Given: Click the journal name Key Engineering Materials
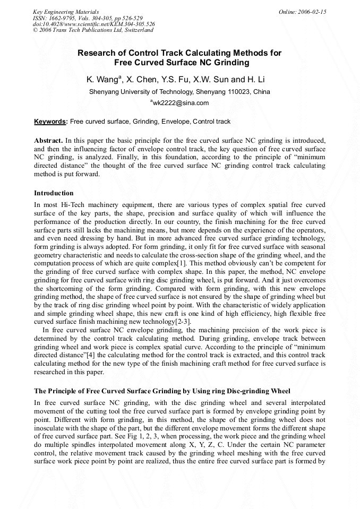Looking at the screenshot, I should (65, 12).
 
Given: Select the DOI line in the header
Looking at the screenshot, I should (93, 24).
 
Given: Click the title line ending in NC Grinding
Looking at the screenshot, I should (179, 63).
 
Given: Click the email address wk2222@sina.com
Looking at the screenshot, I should (181, 103).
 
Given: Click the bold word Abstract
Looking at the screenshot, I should (48, 141).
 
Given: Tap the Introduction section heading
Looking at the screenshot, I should (54, 193).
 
